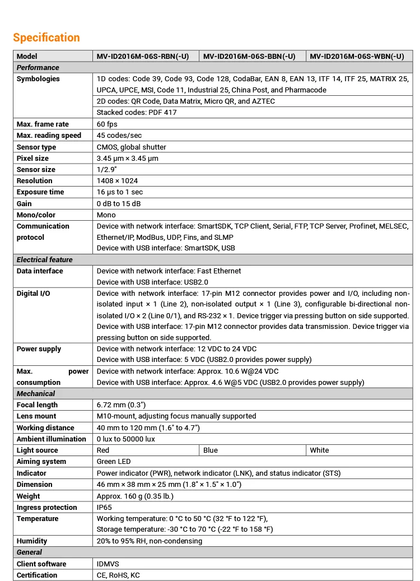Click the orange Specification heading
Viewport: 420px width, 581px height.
46,38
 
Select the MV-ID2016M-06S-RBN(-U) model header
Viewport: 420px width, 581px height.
143,56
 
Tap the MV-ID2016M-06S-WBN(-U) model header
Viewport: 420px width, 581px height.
357,56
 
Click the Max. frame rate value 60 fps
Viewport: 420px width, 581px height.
107,124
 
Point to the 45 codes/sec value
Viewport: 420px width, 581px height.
119,136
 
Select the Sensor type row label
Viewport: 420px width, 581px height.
36,147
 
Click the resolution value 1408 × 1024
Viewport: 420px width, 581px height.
117,181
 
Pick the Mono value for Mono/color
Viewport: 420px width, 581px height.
106,215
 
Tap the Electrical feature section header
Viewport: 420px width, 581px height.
45,260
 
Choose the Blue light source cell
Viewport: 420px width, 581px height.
211,450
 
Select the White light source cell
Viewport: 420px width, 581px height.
319,450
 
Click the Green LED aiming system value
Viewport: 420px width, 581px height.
114,462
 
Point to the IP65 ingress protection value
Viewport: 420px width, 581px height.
104,508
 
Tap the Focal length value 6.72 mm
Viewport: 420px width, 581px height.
122,405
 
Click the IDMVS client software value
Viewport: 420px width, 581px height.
108,564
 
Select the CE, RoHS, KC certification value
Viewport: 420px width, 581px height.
118,575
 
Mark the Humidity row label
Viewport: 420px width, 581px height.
32,541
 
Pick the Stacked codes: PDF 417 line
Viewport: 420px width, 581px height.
137,113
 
